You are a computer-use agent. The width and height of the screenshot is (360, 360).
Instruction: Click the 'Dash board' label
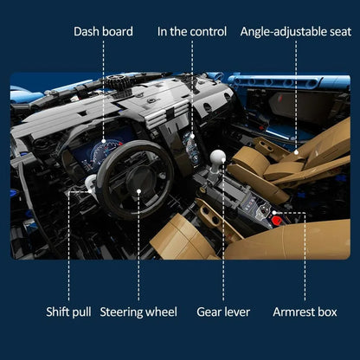(103, 31)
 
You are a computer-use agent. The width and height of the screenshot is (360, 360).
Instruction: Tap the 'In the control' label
(192, 31)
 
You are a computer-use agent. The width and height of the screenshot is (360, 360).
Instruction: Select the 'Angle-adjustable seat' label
(296, 32)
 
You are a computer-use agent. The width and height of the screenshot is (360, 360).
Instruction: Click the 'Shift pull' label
(68, 312)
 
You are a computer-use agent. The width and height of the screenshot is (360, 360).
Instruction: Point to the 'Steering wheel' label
(138, 312)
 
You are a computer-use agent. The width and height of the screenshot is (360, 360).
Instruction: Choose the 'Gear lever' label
(223, 312)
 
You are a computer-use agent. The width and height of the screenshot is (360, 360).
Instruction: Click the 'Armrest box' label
(305, 312)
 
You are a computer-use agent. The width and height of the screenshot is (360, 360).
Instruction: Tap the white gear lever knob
(218, 157)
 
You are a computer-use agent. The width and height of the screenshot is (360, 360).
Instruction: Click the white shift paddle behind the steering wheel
(90, 183)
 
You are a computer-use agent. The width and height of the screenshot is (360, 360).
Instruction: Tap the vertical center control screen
(192, 149)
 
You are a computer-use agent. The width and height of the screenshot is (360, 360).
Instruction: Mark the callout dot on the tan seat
(296, 152)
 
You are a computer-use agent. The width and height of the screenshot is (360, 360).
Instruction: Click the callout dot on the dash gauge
(104, 141)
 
